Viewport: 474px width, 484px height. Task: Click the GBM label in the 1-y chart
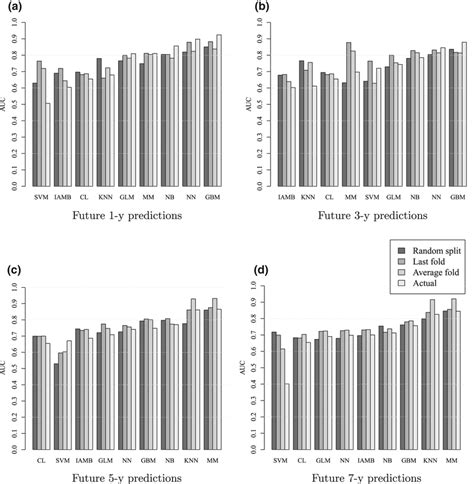click(212, 197)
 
